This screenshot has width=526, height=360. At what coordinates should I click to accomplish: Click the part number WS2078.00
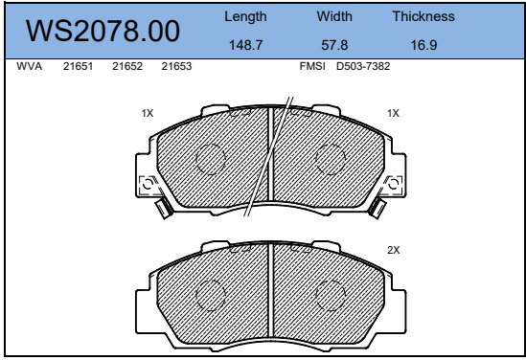pyautogui.click(x=103, y=31)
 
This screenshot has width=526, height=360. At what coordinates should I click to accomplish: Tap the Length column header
pyautogui.click(x=245, y=17)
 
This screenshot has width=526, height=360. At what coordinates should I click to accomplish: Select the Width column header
pyautogui.click(x=334, y=16)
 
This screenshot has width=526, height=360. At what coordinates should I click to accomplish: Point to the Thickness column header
pyautogui.click(x=423, y=16)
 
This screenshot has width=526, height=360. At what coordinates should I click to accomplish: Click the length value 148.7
pyautogui.click(x=245, y=45)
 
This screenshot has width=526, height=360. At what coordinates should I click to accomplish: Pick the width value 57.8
pyautogui.click(x=334, y=45)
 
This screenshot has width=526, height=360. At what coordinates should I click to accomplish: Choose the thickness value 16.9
pyautogui.click(x=423, y=45)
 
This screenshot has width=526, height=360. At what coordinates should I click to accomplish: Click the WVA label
pyautogui.click(x=29, y=66)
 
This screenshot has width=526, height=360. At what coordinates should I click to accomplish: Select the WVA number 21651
pyautogui.click(x=78, y=66)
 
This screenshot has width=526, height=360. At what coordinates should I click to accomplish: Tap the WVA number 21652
pyautogui.click(x=127, y=66)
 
